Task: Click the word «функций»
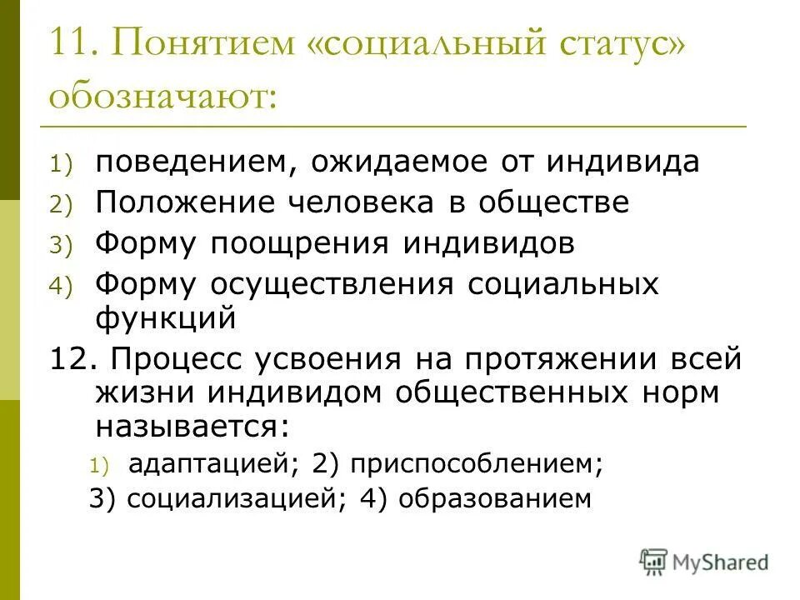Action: pyautogui.click(x=167, y=317)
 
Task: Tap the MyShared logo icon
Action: pyautogui.click(x=655, y=560)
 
